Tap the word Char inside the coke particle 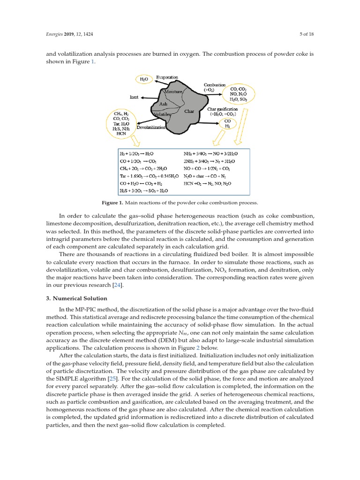pos(189,112)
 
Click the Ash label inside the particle pos(163,104)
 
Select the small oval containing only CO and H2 pos(227,123)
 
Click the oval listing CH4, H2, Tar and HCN pos(121,123)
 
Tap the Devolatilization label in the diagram pos(151,127)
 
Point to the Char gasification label pos(222,109)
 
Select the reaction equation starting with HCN pos(207,183)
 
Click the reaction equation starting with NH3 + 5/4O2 pos(210,153)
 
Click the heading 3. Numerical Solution pos(77,299)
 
